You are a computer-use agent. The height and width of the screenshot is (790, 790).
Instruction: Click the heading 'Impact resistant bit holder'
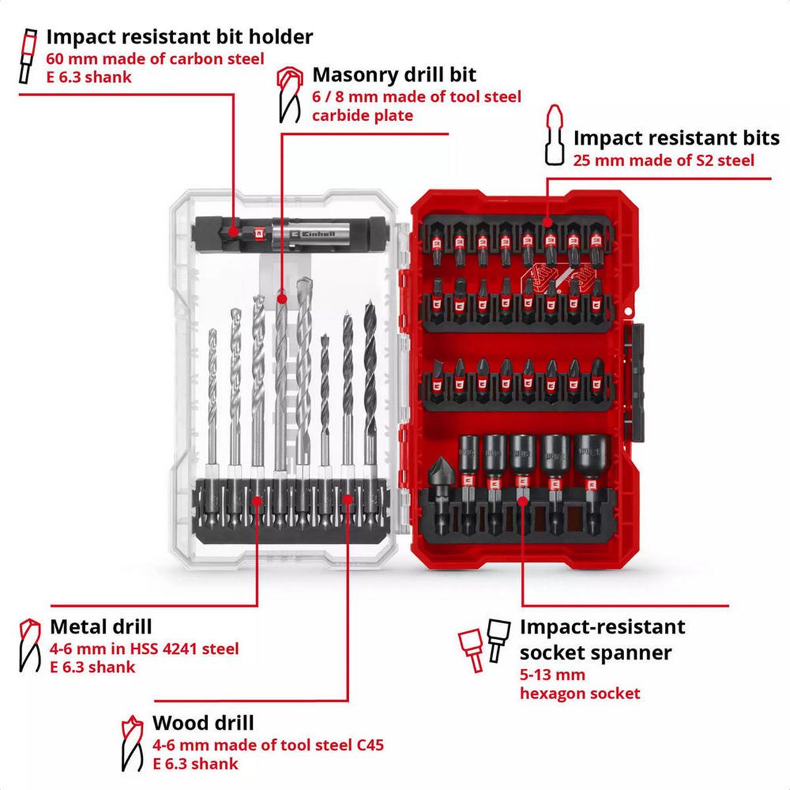179,37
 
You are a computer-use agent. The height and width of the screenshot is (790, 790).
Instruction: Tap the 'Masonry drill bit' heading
394,74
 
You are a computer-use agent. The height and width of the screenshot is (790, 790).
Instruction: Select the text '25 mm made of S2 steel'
664,160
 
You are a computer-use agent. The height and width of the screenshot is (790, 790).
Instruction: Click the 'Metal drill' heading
101,626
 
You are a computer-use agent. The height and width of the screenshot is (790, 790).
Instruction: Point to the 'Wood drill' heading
203,723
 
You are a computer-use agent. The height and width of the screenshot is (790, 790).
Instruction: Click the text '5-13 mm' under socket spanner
552,675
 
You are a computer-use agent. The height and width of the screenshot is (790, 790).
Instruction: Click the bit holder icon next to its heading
28,56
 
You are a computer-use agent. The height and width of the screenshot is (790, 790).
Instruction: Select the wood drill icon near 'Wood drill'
131,743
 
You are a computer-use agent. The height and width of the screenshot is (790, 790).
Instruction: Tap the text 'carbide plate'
362,116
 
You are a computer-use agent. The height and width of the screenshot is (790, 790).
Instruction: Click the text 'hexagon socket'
579,693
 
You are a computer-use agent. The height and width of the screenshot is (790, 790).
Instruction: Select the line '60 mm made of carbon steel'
155,59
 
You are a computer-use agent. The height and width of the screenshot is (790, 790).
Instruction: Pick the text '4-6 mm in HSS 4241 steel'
144,648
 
